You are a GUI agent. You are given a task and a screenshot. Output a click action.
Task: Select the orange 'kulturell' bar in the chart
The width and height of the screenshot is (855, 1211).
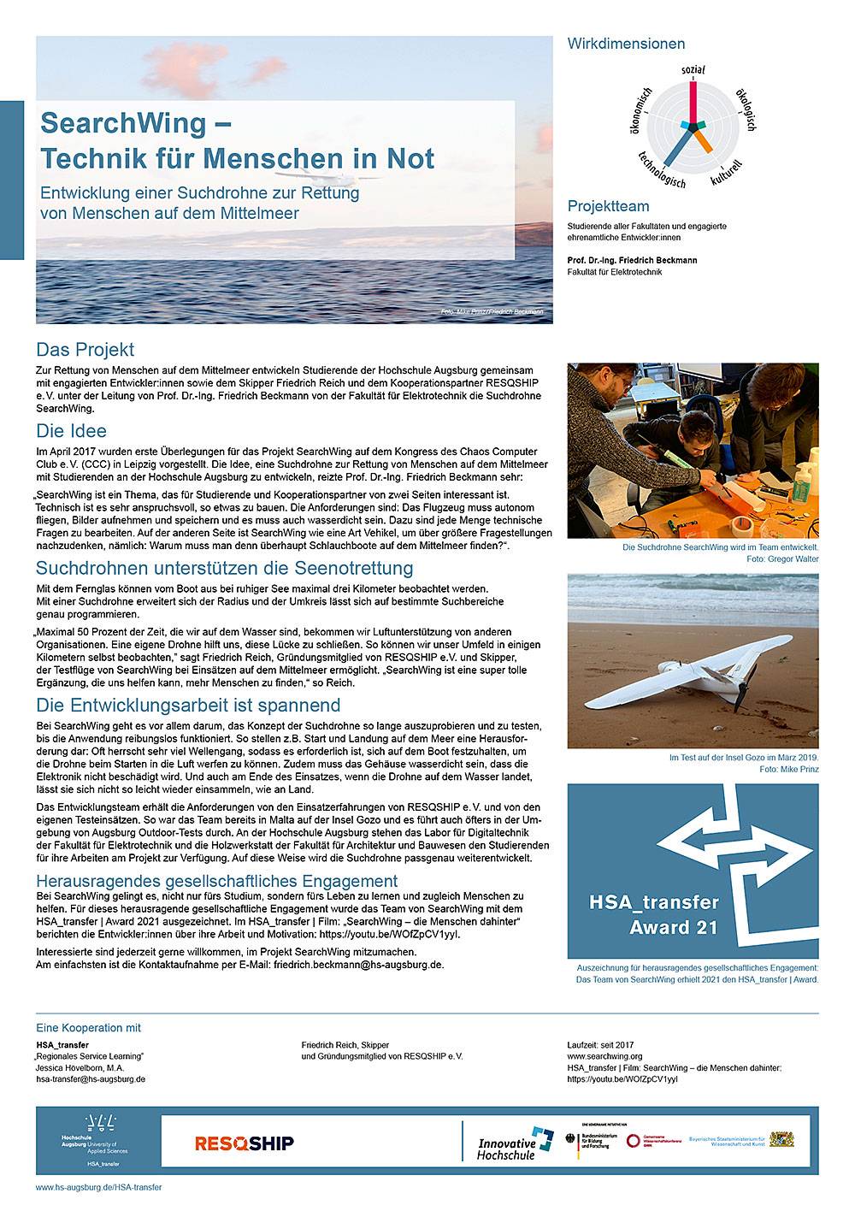point(703,137)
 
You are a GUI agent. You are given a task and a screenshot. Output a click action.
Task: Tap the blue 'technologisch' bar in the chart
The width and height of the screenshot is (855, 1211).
point(676,146)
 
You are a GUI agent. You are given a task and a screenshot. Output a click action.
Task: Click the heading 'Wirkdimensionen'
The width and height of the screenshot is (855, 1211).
point(626,44)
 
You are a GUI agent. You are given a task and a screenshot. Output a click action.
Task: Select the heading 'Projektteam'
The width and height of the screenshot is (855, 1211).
point(608,206)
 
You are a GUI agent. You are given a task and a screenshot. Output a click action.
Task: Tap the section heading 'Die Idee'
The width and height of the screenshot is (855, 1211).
point(71,431)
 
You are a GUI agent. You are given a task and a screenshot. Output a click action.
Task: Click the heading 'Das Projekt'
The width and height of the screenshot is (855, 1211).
point(85,350)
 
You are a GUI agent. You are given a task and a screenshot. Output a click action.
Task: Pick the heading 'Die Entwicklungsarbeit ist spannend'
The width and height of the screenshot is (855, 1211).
point(188,706)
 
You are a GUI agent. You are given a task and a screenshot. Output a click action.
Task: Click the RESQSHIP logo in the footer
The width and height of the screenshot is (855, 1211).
point(245,1143)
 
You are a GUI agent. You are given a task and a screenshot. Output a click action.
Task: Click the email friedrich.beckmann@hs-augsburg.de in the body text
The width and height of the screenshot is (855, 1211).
point(359,964)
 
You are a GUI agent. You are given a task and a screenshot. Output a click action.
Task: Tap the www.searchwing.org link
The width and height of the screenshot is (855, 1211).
point(604,1056)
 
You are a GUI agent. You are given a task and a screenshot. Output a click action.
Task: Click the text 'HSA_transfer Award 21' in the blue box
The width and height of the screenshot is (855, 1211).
point(654,914)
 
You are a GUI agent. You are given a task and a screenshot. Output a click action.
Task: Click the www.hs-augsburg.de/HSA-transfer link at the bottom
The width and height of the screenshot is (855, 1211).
point(98,1187)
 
